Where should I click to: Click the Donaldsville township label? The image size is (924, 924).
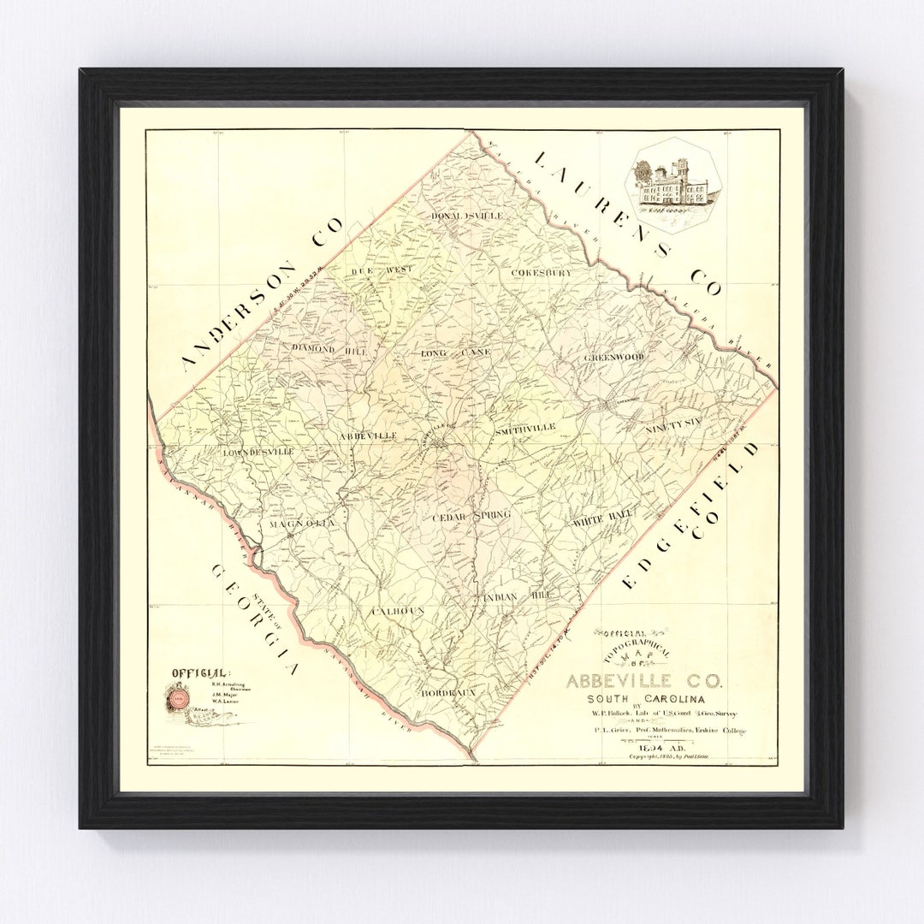click(x=467, y=216)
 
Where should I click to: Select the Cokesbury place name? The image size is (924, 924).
click(x=541, y=273)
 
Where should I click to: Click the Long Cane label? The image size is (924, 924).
click(x=456, y=352)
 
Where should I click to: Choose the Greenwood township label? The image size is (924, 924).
click(x=613, y=357)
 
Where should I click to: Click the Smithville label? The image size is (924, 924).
click(x=524, y=427)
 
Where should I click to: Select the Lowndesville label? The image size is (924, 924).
click(x=258, y=451)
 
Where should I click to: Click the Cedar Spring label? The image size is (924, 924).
click(x=471, y=515)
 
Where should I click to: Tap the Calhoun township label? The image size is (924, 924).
click(x=397, y=611)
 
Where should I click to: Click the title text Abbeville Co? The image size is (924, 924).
click(x=643, y=682)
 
